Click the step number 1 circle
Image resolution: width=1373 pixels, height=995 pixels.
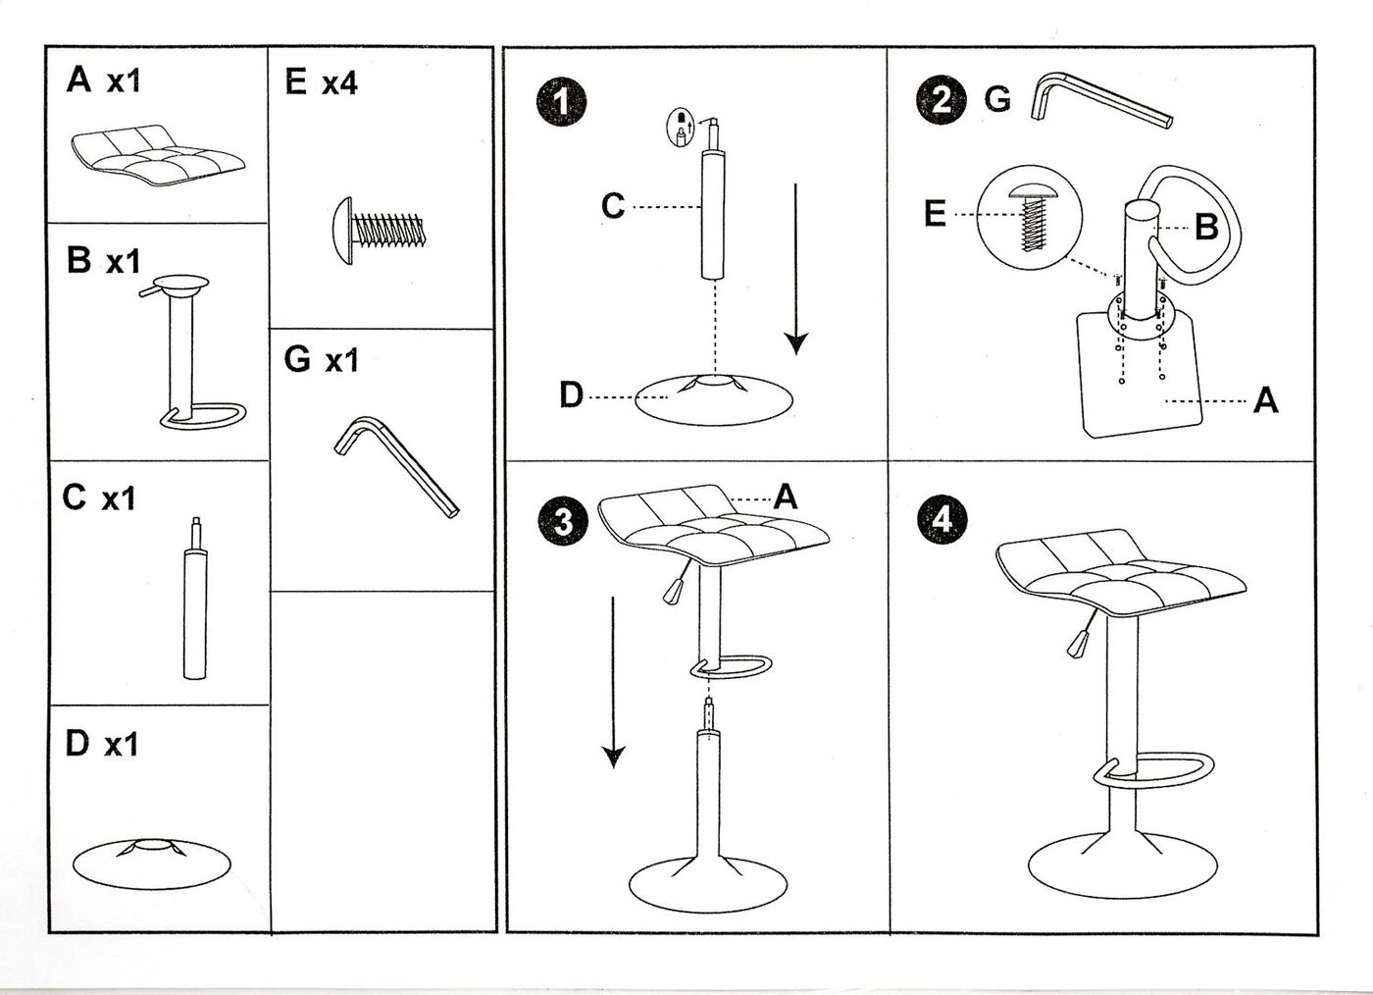click(x=561, y=103)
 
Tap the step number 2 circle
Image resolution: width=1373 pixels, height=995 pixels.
click(x=941, y=101)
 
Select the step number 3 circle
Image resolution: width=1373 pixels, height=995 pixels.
click(x=563, y=520)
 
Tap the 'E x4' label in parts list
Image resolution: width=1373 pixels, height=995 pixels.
click(x=321, y=83)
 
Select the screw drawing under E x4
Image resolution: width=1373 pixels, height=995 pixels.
click(x=378, y=228)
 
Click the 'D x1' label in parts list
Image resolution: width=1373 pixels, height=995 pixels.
click(x=101, y=745)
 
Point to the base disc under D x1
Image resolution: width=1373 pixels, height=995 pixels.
click(x=152, y=862)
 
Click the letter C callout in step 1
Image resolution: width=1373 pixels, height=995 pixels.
click(x=613, y=206)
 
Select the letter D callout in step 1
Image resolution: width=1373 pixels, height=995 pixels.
click(x=571, y=395)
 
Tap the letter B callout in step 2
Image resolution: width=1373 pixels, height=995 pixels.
click(x=1205, y=228)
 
